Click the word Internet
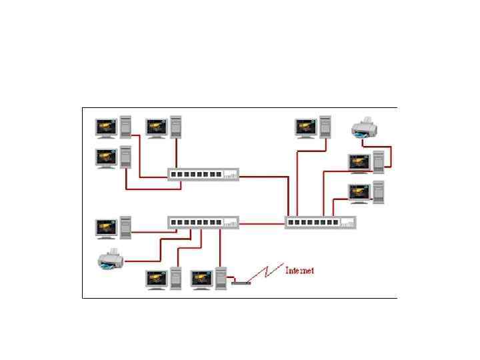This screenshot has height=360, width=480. [299, 271]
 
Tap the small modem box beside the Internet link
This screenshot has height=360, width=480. [241, 282]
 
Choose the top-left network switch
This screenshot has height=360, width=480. [203, 175]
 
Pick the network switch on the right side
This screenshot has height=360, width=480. [320, 223]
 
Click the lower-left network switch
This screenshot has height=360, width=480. [203, 223]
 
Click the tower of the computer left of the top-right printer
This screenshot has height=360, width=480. [325, 127]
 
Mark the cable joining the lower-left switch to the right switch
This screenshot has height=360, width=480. [262, 223]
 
